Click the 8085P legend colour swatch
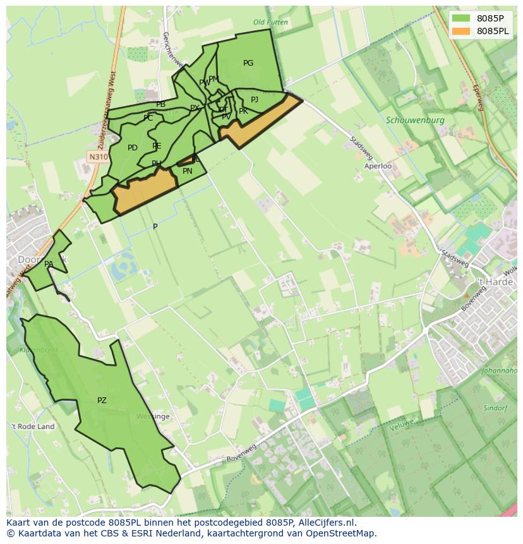[x=462, y=18]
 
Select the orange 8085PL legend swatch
[x=462, y=31]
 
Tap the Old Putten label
[x=270, y=22]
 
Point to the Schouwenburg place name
[x=415, y=119]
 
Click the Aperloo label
[x=378, y=166]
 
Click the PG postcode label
[x=248, y=63]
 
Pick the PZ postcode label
[x=102, y=400]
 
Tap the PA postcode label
[x=49, y=264]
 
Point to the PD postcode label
[x=132, y=148]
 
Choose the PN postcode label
[x=188, y=171]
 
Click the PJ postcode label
[x=255, y=99]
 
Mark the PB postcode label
[x=160, y=104]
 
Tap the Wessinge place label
[x=153, y=416]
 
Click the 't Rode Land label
[x=33, y=426]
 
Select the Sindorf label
[x=495, y=408]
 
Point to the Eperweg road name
[x=478, y=98]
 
